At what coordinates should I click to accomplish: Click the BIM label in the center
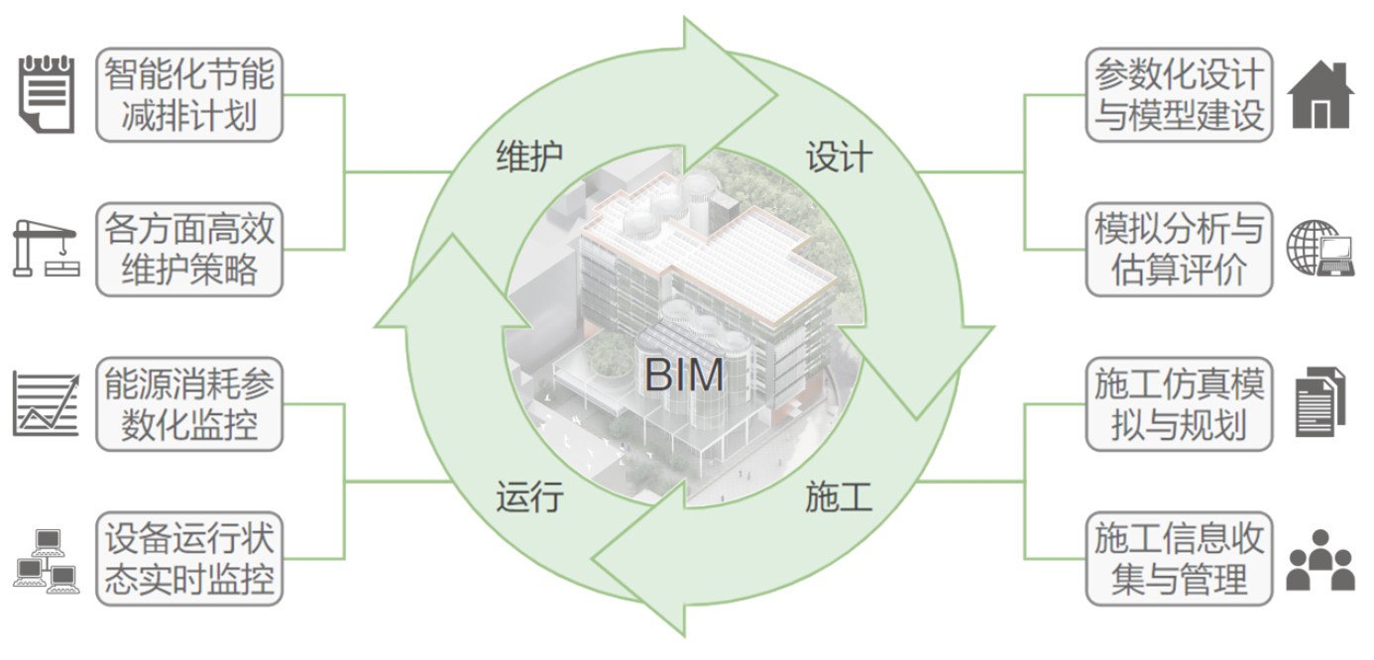point(684,376)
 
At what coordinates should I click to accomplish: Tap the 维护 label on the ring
point(528,156)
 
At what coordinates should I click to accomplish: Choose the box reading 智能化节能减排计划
point(188,95)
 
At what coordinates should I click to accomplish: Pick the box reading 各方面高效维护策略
point(188,250)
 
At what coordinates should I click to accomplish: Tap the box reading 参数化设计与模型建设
point(1179,95)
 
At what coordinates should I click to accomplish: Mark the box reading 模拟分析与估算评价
point(1179,250)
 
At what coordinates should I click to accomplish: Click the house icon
point(1320,95)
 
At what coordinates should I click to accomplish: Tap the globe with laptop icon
point(1320,249)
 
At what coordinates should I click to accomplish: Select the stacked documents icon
point(1320,401)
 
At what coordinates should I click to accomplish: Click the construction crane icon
point(45,249)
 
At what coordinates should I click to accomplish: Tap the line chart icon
point(46,404)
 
